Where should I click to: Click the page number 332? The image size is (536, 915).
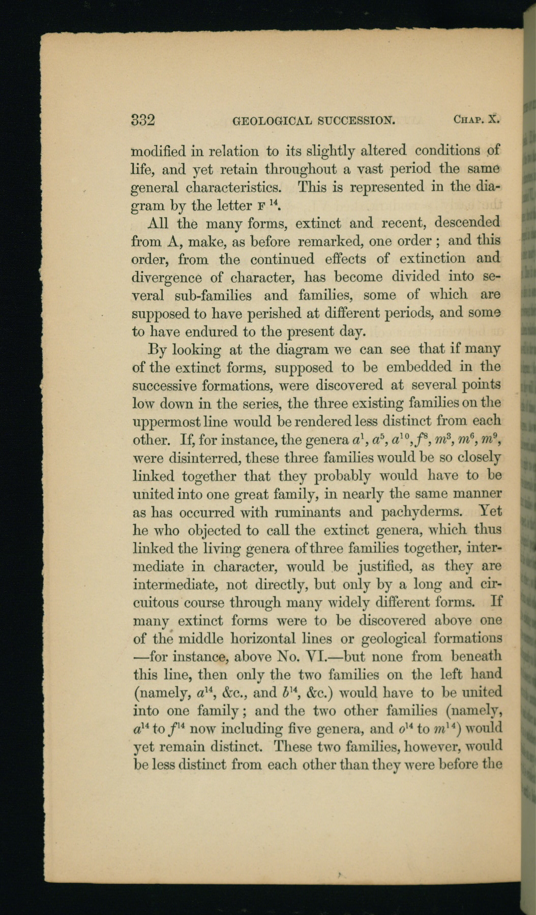(143, 120)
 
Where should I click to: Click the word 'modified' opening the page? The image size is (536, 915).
(158, 151)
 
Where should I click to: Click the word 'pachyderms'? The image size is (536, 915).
(418, 512)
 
